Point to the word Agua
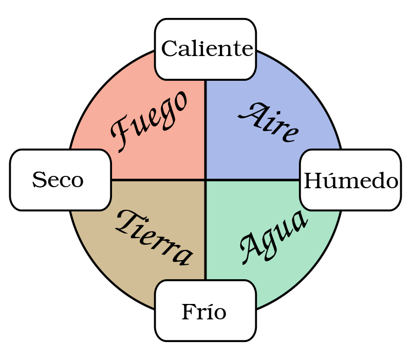273,237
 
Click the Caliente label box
206,50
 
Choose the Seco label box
61,180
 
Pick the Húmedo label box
350,181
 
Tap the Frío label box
206,311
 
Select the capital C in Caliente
170,49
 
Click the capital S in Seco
38,180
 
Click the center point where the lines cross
206,180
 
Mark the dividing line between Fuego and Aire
206,129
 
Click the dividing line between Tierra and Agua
206,231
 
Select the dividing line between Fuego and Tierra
154,180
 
